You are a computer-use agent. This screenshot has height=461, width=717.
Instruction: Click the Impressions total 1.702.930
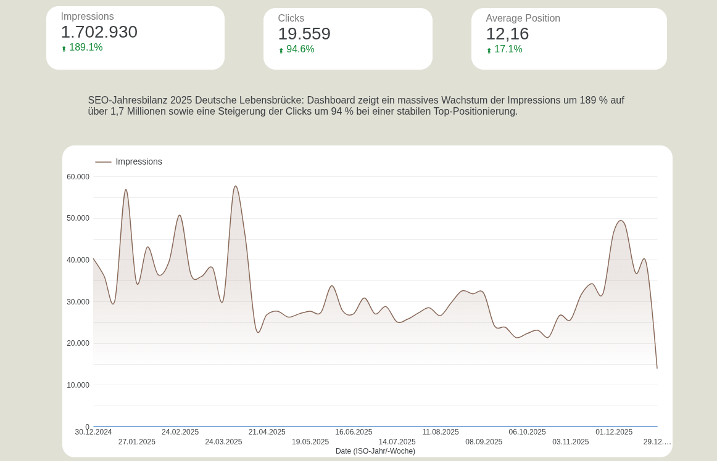[99, 32]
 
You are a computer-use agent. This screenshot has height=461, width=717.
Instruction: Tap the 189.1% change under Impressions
[85, 47]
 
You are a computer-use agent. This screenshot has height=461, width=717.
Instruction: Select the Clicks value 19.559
[304, 34]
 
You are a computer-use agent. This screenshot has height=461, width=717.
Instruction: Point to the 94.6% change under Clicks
[300, 49]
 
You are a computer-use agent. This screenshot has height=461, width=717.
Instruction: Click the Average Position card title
[523, 18]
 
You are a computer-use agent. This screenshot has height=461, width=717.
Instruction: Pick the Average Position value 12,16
[507, 34]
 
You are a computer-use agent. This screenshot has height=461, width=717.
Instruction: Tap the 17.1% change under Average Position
[508, 49]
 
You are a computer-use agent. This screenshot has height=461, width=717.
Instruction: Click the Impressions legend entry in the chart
[138, 161]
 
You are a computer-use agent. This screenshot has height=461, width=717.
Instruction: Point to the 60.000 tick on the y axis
[78, 177]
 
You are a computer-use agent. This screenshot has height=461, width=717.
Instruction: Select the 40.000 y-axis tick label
[78, 260]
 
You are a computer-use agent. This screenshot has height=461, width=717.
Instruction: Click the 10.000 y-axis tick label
[78, 385]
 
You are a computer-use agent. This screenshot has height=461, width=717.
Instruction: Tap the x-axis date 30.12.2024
[93, 432]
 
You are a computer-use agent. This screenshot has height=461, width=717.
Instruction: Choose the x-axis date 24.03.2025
[223, 442]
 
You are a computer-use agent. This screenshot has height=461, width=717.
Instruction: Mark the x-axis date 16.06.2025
[354, 432]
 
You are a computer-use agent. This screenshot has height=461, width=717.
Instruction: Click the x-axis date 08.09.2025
[484, 442]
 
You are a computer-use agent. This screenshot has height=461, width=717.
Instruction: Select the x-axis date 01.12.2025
[614, 432]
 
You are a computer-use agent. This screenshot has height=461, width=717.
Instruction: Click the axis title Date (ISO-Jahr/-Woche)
[375, 451]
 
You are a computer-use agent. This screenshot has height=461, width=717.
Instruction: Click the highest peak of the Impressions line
[235, 186]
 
